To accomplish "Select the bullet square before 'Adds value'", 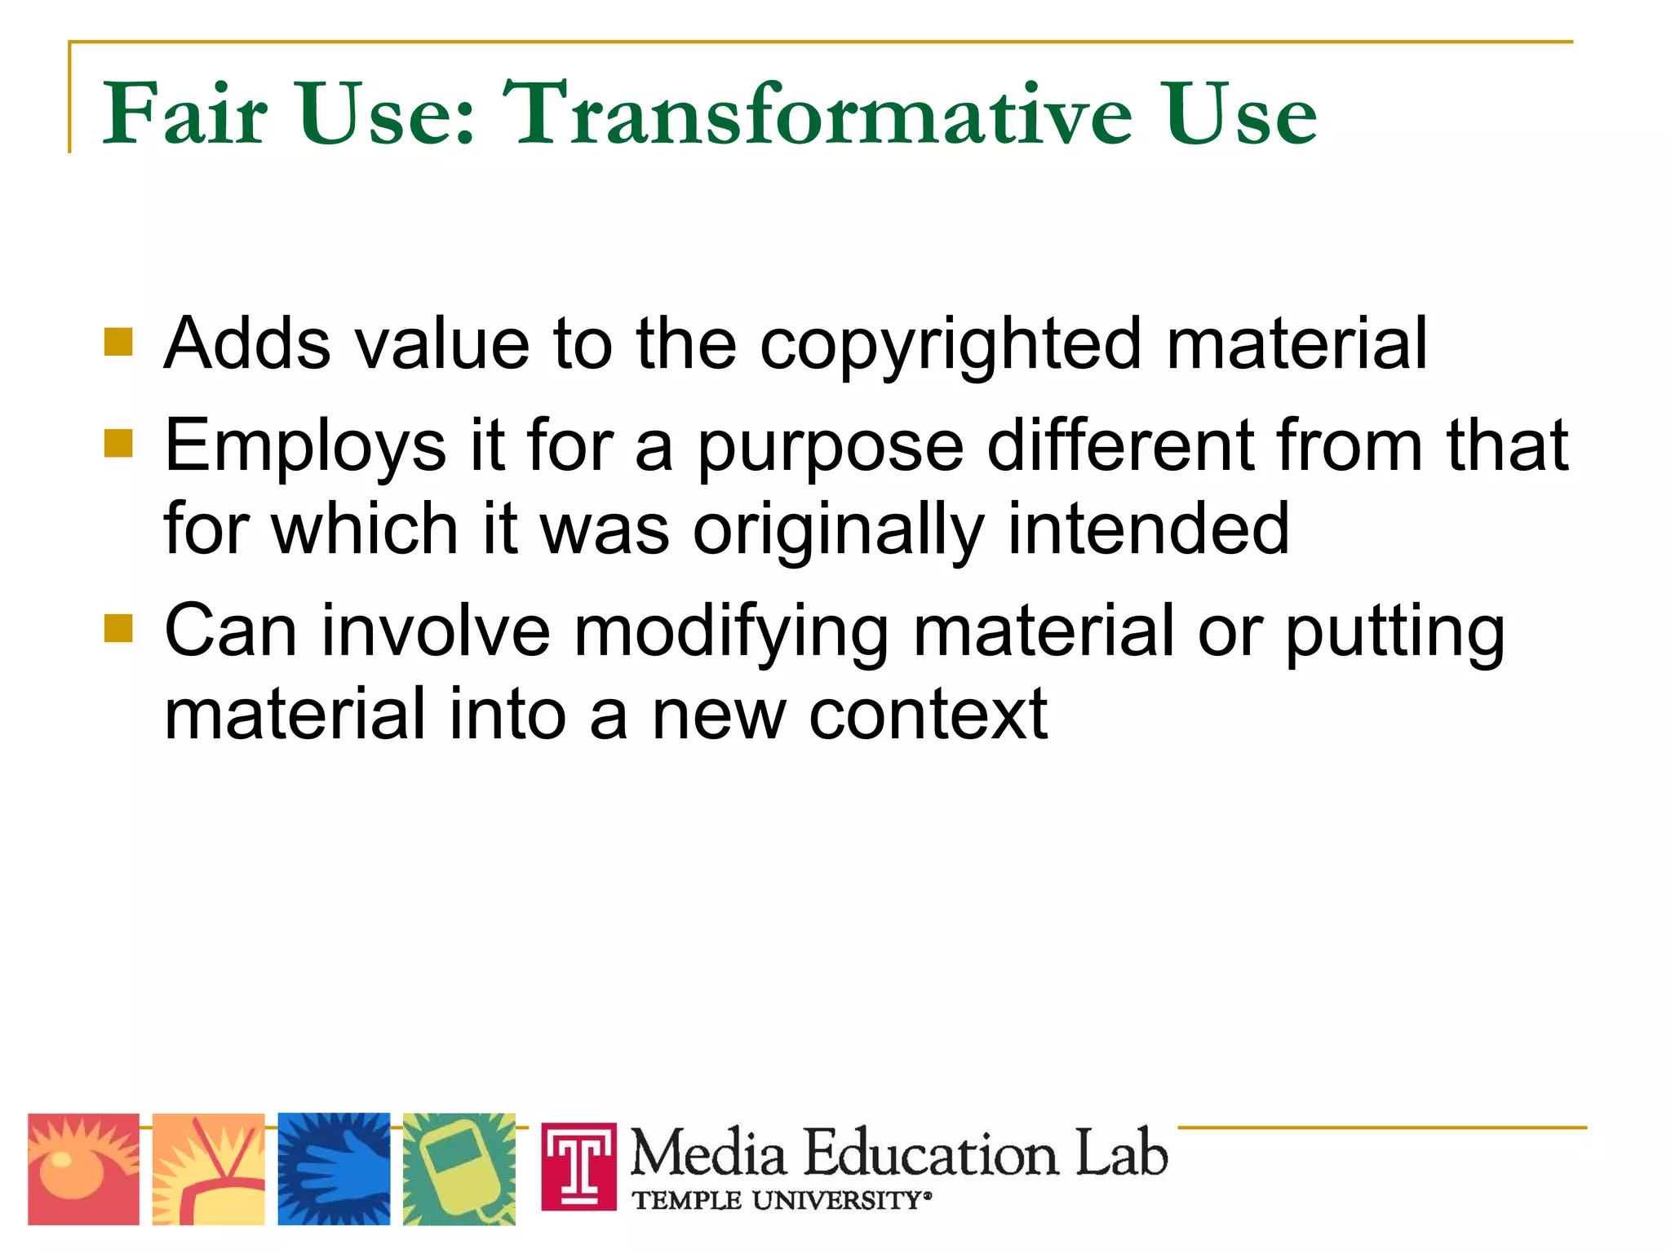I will click(x=118, y=343).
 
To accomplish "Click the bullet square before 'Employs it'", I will click(x=118, y=445).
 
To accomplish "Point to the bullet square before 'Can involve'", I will click(x=118, y=629).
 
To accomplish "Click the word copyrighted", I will click(x=951, y=344).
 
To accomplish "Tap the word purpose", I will click(x=830, y=447).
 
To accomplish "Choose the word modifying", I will click(x=731, y=632).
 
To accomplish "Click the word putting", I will click(x=1394, y=632).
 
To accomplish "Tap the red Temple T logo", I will click(x=579, y=1167).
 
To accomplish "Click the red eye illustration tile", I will click(x=83, y=1169).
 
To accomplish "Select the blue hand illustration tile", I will click(x=334, y=1169).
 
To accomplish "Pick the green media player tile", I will click(x=459, y=1169).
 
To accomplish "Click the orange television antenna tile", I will click(x=209, y=1169).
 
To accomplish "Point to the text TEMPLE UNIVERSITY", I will click(x=779, y=1201).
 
